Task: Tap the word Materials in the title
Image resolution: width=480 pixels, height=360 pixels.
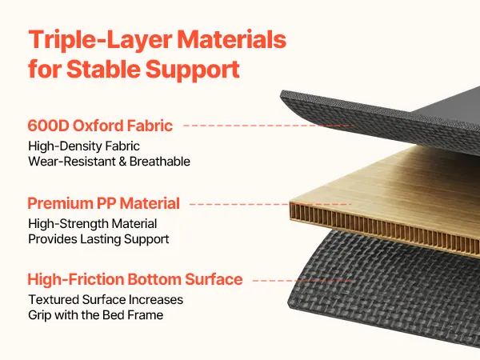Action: pos(232,39)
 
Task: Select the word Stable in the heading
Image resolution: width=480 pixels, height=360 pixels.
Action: pos(103,69)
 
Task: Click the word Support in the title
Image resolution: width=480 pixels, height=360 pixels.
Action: pos(193,70)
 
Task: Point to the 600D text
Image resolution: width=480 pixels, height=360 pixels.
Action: pos(48,126)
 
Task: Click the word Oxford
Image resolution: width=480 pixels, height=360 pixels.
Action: pos(98,126)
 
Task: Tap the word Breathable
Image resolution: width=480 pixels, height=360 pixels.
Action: pos(160,162)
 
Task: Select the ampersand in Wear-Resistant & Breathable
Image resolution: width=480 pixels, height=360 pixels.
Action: pos(122,162)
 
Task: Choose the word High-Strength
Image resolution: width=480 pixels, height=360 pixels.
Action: pos(68,224)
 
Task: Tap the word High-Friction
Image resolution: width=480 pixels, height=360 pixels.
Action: pos(76,279)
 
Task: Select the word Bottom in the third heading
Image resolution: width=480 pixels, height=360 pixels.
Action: pos(154,279)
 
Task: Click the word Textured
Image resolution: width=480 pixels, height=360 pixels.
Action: pos(54,300)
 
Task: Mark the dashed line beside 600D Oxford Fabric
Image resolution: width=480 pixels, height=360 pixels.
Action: pos(269,126)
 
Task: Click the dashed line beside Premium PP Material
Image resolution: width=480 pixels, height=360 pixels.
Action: pos(270,204)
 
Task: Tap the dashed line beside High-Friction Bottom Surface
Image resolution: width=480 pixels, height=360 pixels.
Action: pos(302,281)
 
